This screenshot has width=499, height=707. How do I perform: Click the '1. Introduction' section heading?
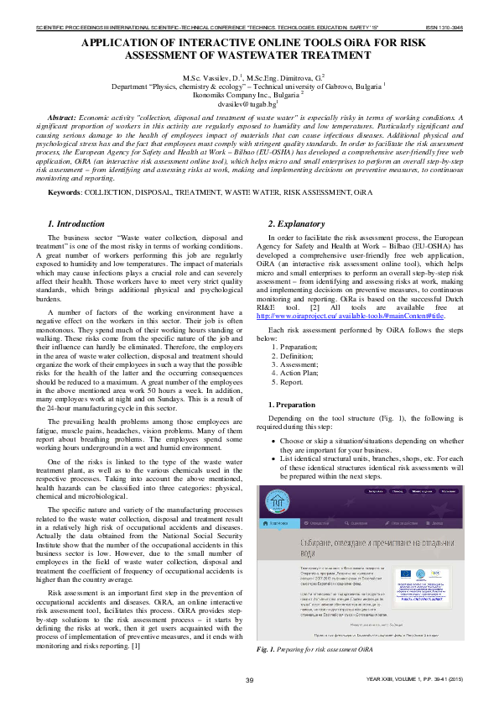pyautogui.click(x=75, y=224)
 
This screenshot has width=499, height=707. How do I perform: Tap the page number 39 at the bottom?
pyautogui.click(x=249, y=678)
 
